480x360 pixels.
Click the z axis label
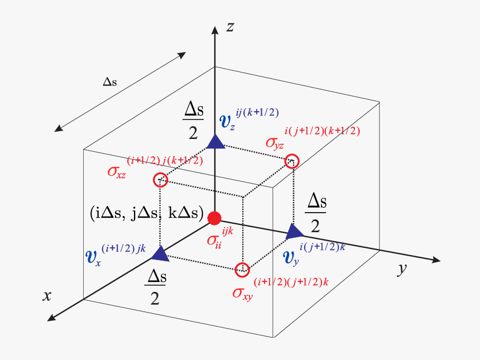coord(229,26)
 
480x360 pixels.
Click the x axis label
coord(47,295)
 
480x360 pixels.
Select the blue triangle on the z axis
coord(215,142)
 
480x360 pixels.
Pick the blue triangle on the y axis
coord(294,231)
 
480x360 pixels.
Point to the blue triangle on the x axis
coord(161,254)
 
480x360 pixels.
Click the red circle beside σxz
coord(160,180)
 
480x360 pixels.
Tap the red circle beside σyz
coord(292,161)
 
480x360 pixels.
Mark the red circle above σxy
coord(242,270)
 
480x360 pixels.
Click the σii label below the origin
coord(213,242)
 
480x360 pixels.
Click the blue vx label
coord(92,258)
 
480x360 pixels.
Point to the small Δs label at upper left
coord(110,82)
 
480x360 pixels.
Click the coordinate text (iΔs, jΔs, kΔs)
coord(146,213)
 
